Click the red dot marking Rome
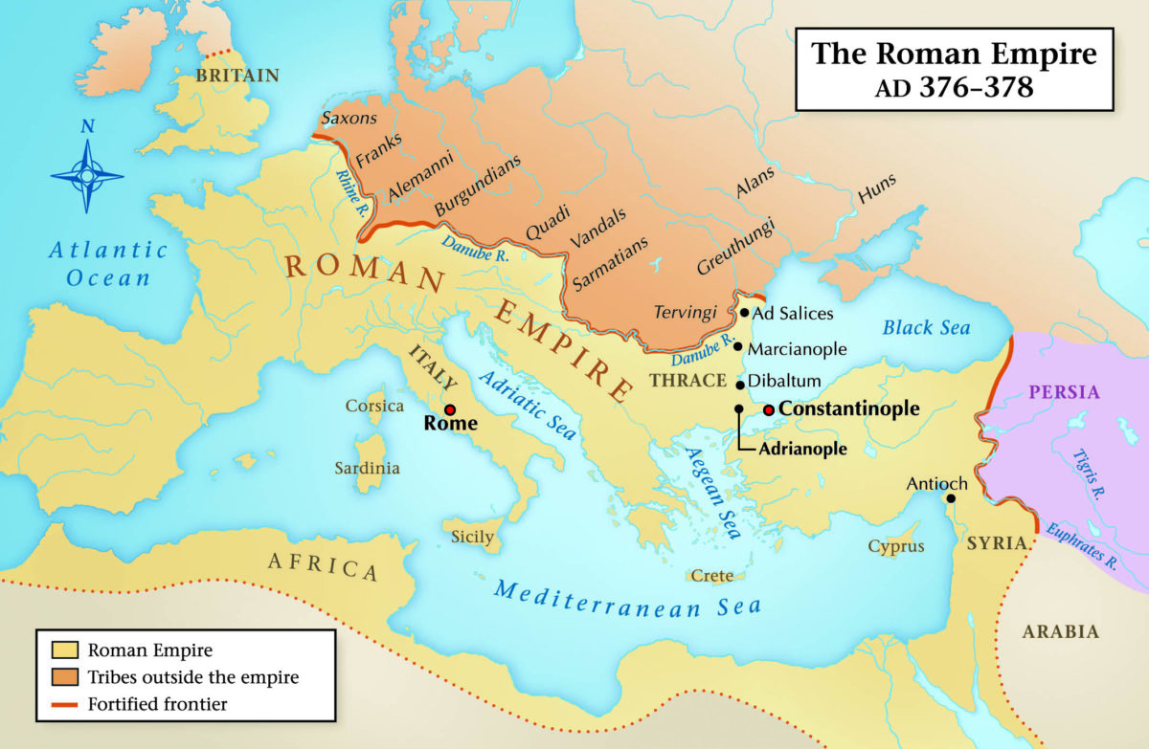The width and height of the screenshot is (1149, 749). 450,409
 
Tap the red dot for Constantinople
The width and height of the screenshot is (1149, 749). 768,409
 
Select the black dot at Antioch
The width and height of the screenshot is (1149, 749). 951,498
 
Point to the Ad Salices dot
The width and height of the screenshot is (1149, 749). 745,313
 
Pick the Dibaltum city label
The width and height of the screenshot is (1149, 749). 784,381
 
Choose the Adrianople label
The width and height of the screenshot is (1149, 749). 802,448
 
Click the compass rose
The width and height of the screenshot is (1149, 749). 86,175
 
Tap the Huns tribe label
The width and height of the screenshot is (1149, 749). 878,191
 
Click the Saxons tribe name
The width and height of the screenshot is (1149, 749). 349,119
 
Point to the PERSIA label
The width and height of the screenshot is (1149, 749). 1064,391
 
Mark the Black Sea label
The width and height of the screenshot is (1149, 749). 926,327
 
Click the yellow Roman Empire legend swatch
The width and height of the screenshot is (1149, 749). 62,650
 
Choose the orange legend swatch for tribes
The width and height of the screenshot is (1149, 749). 62,677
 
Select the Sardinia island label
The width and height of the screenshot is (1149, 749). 367,469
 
